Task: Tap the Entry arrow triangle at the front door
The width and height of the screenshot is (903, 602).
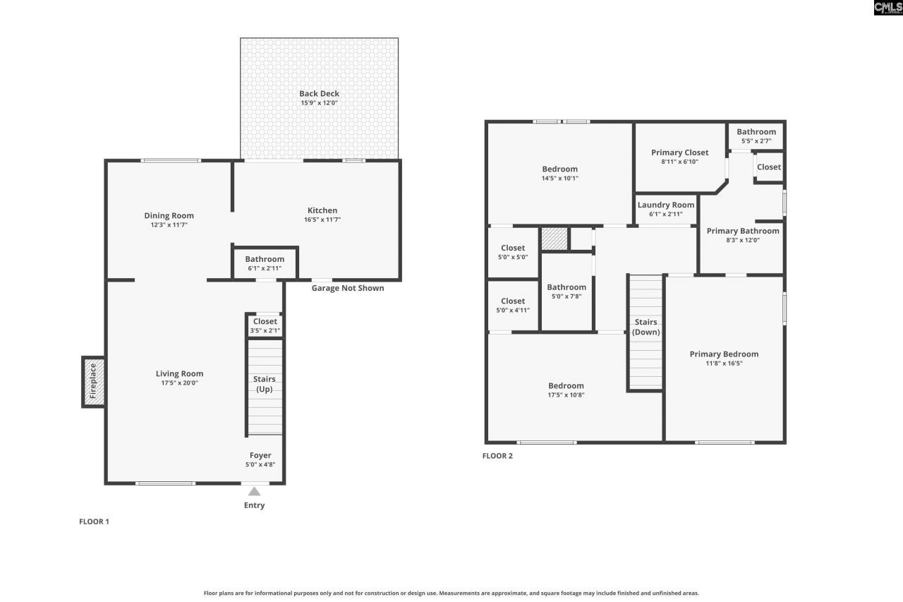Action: pos(254,492)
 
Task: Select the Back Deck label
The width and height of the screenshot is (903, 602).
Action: pos(319,93)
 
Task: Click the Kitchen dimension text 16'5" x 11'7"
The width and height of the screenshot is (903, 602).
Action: pos(322,220)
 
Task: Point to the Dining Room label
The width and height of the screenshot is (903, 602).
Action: pos(169,216)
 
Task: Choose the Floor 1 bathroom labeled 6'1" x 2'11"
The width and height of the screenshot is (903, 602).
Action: pos(265,263)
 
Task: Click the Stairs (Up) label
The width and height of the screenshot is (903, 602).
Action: pos(265,384)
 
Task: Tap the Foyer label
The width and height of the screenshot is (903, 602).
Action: pos(260,455)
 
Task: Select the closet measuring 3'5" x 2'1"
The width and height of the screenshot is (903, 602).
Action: pos(265,325)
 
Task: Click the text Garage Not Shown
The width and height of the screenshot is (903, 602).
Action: pos(348,288)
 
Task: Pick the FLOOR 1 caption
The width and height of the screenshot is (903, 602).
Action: pos(94,522)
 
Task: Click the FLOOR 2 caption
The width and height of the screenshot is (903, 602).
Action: pos(497,456)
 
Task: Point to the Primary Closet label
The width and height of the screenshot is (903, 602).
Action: pos(679,152)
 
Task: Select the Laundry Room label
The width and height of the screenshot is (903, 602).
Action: pos(665,205)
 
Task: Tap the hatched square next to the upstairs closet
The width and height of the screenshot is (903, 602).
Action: pos(554,239)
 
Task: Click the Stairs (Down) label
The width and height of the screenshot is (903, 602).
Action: pos(646,327)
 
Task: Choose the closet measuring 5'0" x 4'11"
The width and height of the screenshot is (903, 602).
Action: pos(513,305)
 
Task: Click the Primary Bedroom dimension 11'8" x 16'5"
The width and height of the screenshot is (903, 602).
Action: pos(724,363)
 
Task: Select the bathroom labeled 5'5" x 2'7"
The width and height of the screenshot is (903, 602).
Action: pos(756,136)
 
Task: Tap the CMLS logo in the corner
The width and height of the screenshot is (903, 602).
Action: pos(887,8)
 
